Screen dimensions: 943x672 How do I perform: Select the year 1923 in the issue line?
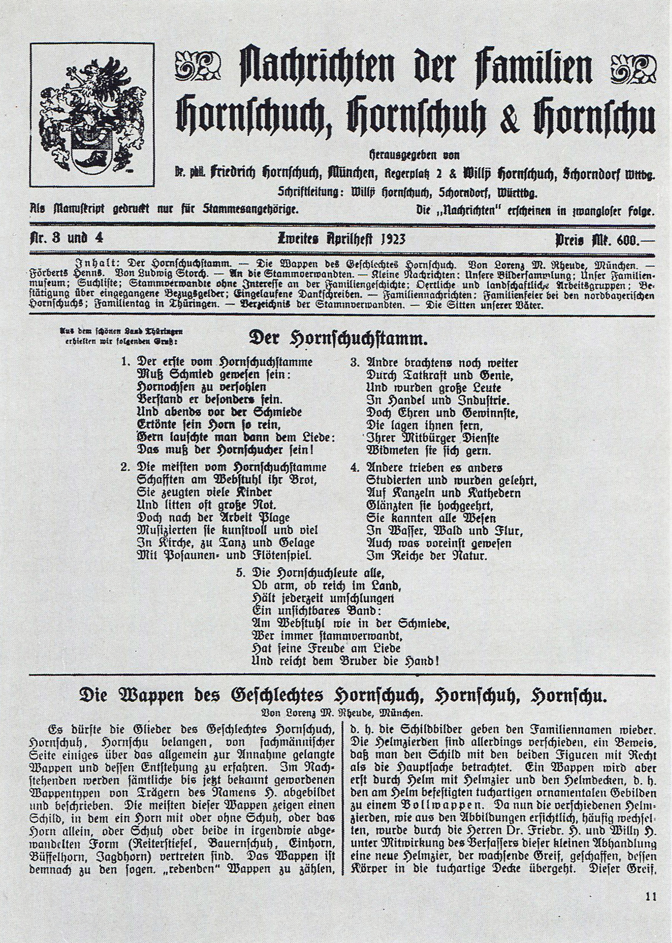pyautogui.click(x=393, y=239)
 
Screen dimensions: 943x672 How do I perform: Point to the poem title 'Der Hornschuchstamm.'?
pyautogui.click(x=338, y=339)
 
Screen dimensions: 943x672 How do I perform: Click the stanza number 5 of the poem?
pyautogui.click(x=239, y=572)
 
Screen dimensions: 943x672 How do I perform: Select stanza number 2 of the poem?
pyautogui.click(x=125, y=468)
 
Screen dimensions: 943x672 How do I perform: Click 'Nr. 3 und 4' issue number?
pyautogui.click(x=66, y=238)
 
